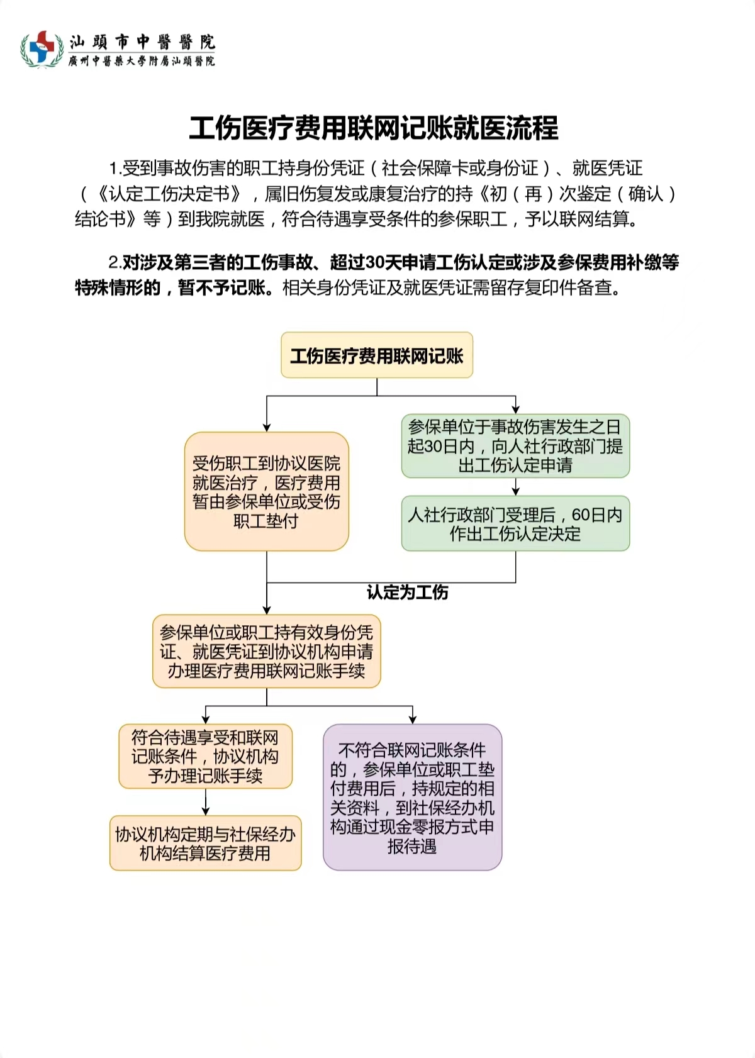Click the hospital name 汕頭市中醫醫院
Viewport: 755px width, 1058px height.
click(142, 42)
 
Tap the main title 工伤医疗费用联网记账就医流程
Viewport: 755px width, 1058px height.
click(374, 128)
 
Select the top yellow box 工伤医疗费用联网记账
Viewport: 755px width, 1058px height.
click(376, 356)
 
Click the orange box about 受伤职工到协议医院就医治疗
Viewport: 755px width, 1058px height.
click(266, 491)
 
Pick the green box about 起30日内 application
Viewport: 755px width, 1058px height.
click(515, 446)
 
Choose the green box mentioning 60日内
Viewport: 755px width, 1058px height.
click(515, 524)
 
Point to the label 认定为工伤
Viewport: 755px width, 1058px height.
click(407, 593)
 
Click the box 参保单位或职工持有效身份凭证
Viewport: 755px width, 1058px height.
click(266, 652)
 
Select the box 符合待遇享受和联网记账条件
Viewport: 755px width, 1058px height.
click(205, 756)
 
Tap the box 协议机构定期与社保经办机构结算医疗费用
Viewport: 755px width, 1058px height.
click(205, 844)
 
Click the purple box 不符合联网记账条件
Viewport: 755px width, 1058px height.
click(412, 798)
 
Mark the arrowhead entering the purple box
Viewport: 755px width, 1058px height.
click(412, 719)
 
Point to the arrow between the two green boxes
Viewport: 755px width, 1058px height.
click(515, 487)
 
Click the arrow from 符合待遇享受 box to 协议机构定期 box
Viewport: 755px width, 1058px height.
click(205, 803)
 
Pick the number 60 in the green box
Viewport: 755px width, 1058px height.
click(581, 515)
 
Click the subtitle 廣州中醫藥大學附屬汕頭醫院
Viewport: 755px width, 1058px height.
click(142, 61)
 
